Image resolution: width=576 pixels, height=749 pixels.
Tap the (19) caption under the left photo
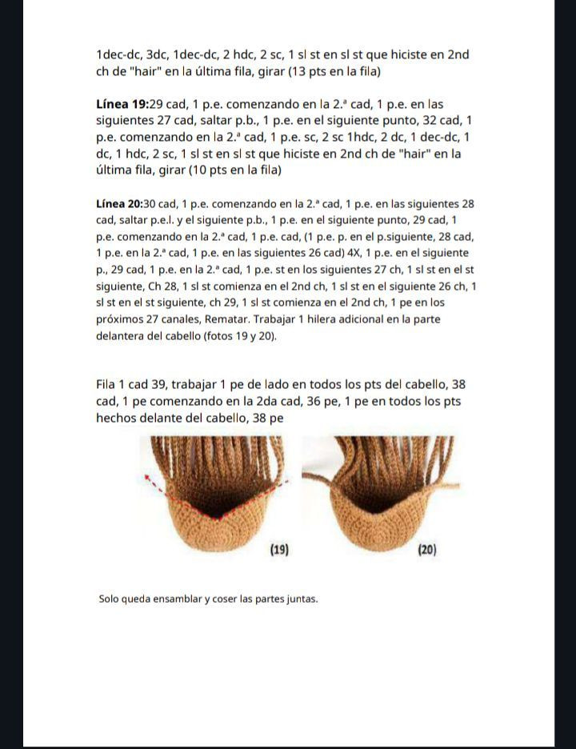coord(278,550)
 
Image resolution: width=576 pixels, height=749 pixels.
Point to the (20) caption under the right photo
coord(426,550)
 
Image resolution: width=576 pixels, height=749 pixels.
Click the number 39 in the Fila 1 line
coord(158,384)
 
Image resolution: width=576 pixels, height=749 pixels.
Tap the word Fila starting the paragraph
coord(107,384)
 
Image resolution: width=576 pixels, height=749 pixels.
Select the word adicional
coord(387,319)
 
